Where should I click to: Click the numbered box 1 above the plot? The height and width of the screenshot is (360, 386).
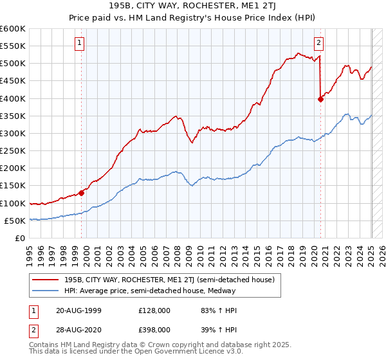point(79,43)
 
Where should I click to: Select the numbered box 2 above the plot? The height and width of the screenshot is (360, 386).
point(318,43)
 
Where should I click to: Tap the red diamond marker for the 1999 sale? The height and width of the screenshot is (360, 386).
point(82,193)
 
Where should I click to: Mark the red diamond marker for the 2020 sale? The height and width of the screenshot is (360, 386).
point(320,99)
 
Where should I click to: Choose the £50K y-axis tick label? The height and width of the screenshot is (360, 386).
point(15,221)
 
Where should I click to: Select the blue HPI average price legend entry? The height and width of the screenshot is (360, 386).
point(149,291)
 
